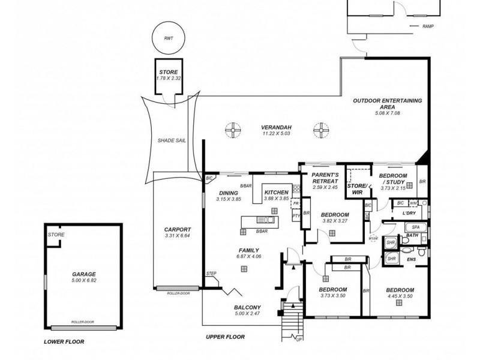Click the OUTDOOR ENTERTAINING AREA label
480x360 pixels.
pyautogui.click(x=388, y=104)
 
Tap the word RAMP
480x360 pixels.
pyautogui.click(x=428, y=27)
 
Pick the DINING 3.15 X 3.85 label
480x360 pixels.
pyautogui.click(x=229, y=196)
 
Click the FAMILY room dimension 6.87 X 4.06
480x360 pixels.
pyautogui.click(x=248, y=257)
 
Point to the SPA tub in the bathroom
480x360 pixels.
pyautogui.click(x=416, y=228)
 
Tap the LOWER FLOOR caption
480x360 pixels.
pyautogui.click(x=64, y=341)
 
